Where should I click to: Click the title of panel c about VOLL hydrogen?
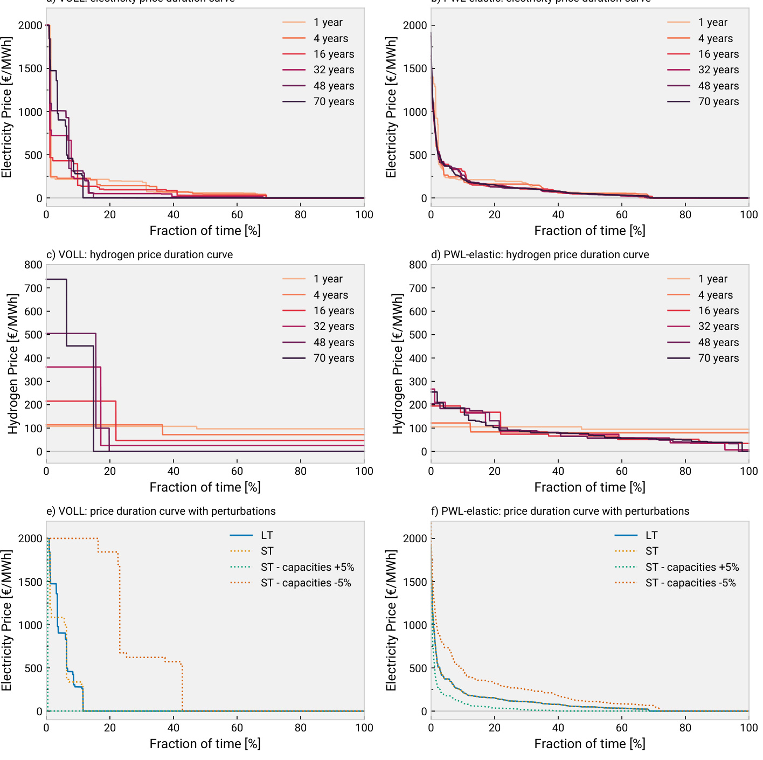point(140,254)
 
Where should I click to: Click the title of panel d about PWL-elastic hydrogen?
point(540,254)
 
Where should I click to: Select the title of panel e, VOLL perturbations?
point(161,511)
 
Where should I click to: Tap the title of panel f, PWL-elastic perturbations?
point(560,511)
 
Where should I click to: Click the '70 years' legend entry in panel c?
point(334,358)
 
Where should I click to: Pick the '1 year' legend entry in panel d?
point(712,279)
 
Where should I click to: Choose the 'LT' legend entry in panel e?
point(267,536)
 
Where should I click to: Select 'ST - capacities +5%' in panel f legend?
point(692,568)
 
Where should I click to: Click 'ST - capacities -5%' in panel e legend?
point(306,583)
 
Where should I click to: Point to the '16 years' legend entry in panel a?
point(334,54)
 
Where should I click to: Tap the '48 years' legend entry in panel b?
point(718,86)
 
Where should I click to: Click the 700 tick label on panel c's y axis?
point(33,288)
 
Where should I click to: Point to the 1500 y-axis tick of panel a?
point(30,68)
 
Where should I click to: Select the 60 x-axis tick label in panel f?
point(622,728)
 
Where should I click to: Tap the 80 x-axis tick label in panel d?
point(685,471)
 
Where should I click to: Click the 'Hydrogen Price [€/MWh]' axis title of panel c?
point(13,364)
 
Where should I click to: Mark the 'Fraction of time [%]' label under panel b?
point(589,231)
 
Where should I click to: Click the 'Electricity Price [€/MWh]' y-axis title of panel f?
point(391,620)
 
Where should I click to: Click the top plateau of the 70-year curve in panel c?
point(57,279)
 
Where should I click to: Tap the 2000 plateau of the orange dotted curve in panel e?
point(75,538)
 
